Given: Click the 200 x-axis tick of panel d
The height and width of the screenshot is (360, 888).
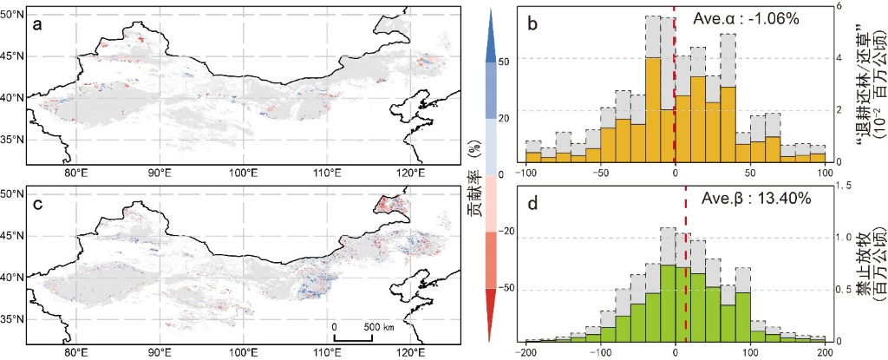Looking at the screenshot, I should tap(825, 353).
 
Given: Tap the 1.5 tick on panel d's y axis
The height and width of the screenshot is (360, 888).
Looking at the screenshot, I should tap(846, 185).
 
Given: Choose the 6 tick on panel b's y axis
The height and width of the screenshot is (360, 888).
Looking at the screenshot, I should tap(840, 6).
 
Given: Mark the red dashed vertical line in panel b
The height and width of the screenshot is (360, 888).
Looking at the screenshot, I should tap(675, 87).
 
